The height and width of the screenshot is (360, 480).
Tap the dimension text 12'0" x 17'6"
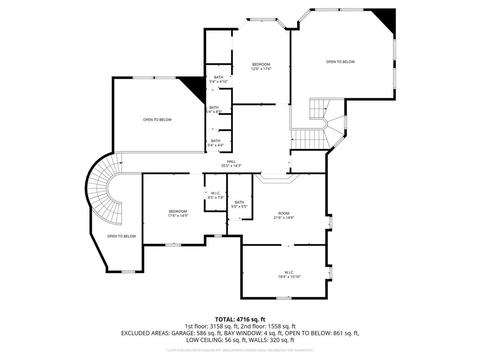(261, 69)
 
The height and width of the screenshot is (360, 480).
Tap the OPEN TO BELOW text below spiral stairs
(121, 236)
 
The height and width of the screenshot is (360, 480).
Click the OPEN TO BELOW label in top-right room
(340, 62)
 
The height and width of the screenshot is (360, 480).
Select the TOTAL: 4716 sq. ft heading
(240, 319)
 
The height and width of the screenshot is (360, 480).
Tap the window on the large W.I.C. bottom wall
(283, 298)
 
